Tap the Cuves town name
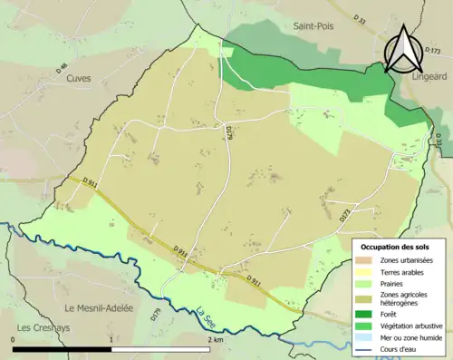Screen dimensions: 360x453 [79, 78]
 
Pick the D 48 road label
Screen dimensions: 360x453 [62, 66]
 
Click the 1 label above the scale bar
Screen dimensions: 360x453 [111, 340]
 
